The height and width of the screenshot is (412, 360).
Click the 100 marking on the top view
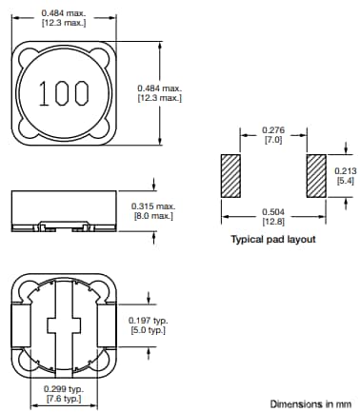(x=64, y=92)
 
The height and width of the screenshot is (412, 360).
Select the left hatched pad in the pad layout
(x=229, y=176)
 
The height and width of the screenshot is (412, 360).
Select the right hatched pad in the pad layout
(x=317, y=176)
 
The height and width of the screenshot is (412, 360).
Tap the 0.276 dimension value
(x=273, y=130)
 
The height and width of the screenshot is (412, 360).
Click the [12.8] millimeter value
(x=273, y=222)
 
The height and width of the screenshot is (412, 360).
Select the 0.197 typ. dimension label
(x=149, y=320)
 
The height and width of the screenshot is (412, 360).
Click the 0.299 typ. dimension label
(x=65, y=389)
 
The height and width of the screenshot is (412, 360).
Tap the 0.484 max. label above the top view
(x=64, y=11)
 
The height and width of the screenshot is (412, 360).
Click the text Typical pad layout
(x=273, y=240)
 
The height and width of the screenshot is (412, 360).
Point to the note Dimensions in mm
(x=309, y=403)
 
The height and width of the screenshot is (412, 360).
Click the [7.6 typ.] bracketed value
(x=65, y=400)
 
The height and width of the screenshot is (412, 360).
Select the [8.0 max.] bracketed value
(x=152, y=216)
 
